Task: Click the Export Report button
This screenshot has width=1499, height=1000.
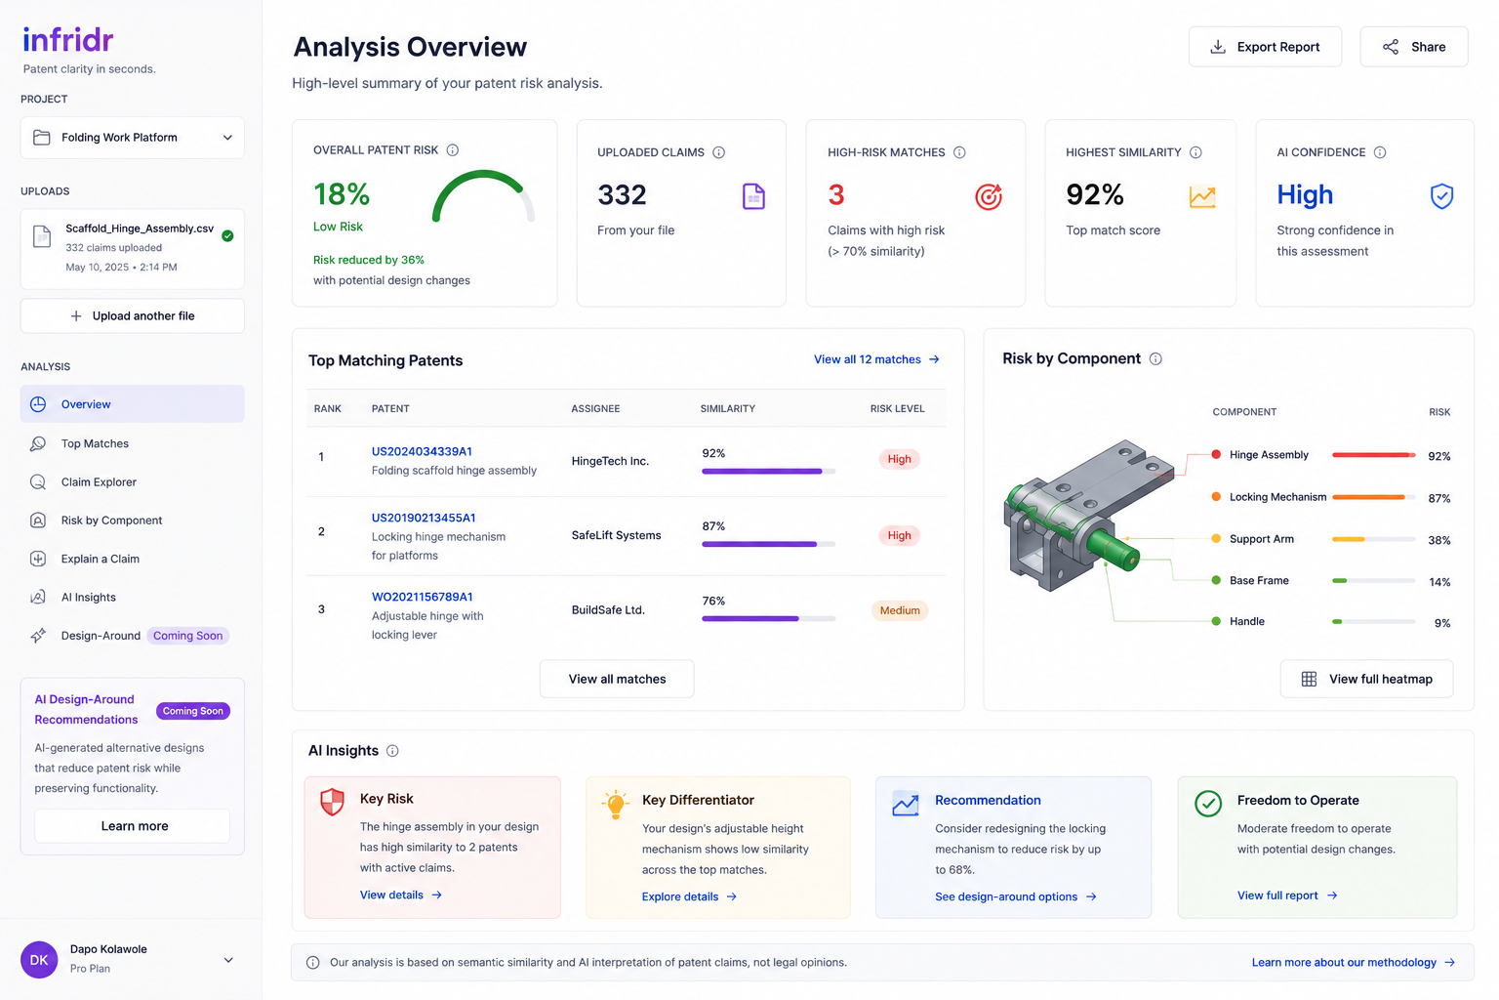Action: [1265, 47]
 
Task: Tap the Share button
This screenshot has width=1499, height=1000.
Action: [1414, 47]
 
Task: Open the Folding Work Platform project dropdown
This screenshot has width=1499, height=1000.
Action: [133, 138]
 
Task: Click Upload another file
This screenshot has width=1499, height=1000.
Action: [133, 315]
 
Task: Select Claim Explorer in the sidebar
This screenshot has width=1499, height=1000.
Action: [99, 481]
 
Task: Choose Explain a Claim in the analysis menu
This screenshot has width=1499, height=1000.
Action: [100, 559]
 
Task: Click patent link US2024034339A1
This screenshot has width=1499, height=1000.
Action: [422, 451]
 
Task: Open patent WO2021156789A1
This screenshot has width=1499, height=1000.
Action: [423, 597]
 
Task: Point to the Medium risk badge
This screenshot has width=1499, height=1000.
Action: [900, 610]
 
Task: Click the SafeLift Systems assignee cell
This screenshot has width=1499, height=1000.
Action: [617, 535]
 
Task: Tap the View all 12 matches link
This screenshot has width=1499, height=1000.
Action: [876, 359]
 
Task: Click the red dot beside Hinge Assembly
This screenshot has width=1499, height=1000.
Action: [1216, 455]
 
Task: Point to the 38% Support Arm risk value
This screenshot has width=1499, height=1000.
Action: [1438, 540]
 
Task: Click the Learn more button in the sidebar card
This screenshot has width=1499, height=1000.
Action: [133, 826]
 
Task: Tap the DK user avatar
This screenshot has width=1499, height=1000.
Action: [39, 960]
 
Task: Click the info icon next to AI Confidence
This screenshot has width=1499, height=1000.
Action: [1380, 152]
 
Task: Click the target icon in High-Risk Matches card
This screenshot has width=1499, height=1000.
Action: [989, 196]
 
